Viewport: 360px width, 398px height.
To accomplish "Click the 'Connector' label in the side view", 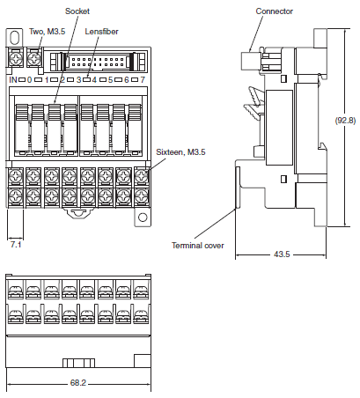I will pyautogui.click(x=273, y=11).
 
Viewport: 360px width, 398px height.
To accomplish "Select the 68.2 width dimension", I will pyautogui.click(x=78, y=384).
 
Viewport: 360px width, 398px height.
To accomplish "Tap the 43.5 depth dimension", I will pyautogui.click(x=282, y=254).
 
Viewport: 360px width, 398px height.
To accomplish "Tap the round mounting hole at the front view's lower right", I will pyautogui.click(x=140, y=215).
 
